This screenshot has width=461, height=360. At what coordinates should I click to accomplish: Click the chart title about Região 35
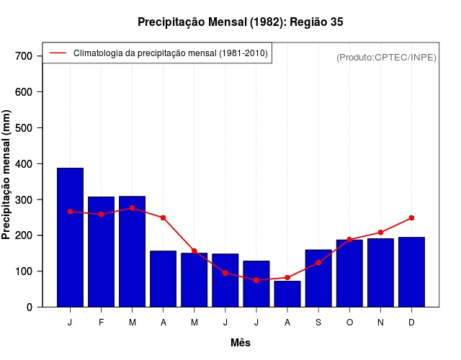(x=240, y=22)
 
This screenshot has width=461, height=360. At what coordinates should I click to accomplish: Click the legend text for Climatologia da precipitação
(x=171, y=53)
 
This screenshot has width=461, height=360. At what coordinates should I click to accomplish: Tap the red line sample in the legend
(x=58, y=53)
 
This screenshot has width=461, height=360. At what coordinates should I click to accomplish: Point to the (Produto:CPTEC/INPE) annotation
(x=386, y=57)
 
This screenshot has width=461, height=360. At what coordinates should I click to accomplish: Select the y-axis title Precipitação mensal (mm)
(x=7, y=175)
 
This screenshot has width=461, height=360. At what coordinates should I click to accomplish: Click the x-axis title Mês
(x=241, y=343)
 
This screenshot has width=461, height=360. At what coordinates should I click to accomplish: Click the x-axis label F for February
(x=101, y=323)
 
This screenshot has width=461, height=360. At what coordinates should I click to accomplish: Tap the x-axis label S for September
(x=318, y=323)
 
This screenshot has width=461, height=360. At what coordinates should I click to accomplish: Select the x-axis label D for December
(x=411, y=323)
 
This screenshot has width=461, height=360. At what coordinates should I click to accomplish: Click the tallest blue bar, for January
(x=70, y=238)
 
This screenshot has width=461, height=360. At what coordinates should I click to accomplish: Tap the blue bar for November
(x=380, y=273)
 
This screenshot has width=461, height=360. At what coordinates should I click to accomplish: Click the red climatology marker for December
(x=411, y=217)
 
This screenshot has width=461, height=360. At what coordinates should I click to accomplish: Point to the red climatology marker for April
(x=164, y=217)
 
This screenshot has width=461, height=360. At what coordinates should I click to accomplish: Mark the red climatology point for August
(x=287, y=277)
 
